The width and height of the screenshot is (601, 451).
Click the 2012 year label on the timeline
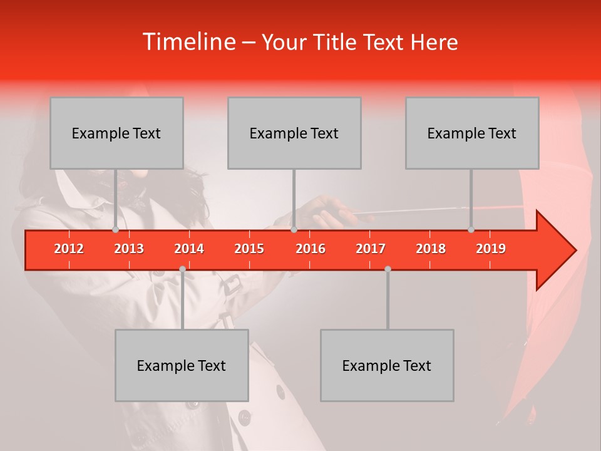coord(69,249)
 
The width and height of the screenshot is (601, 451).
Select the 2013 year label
coord(129,249)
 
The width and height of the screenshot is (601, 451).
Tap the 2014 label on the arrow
coord(189,249)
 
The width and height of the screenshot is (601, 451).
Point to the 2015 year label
coord(249,249)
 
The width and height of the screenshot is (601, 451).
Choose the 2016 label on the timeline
coord(311,249)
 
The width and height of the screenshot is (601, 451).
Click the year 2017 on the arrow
coord(371,249)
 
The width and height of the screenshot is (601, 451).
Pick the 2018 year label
coord(431,249)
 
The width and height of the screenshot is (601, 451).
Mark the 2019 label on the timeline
coord(491,249)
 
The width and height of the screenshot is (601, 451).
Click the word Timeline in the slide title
coord(188,42)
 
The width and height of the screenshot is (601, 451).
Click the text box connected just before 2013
coord(116,133)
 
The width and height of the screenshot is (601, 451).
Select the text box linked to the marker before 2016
coord(294,133)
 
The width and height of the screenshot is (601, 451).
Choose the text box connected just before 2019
coord(472,133)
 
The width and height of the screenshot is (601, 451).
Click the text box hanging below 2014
coord(182,365)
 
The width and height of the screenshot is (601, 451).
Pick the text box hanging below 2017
coord(387,365)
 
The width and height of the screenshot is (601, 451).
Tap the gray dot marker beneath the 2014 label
coord(182,269)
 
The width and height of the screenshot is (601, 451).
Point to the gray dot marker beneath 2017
coord(388,269)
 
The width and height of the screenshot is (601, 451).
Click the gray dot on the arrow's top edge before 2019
coord(471,230)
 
